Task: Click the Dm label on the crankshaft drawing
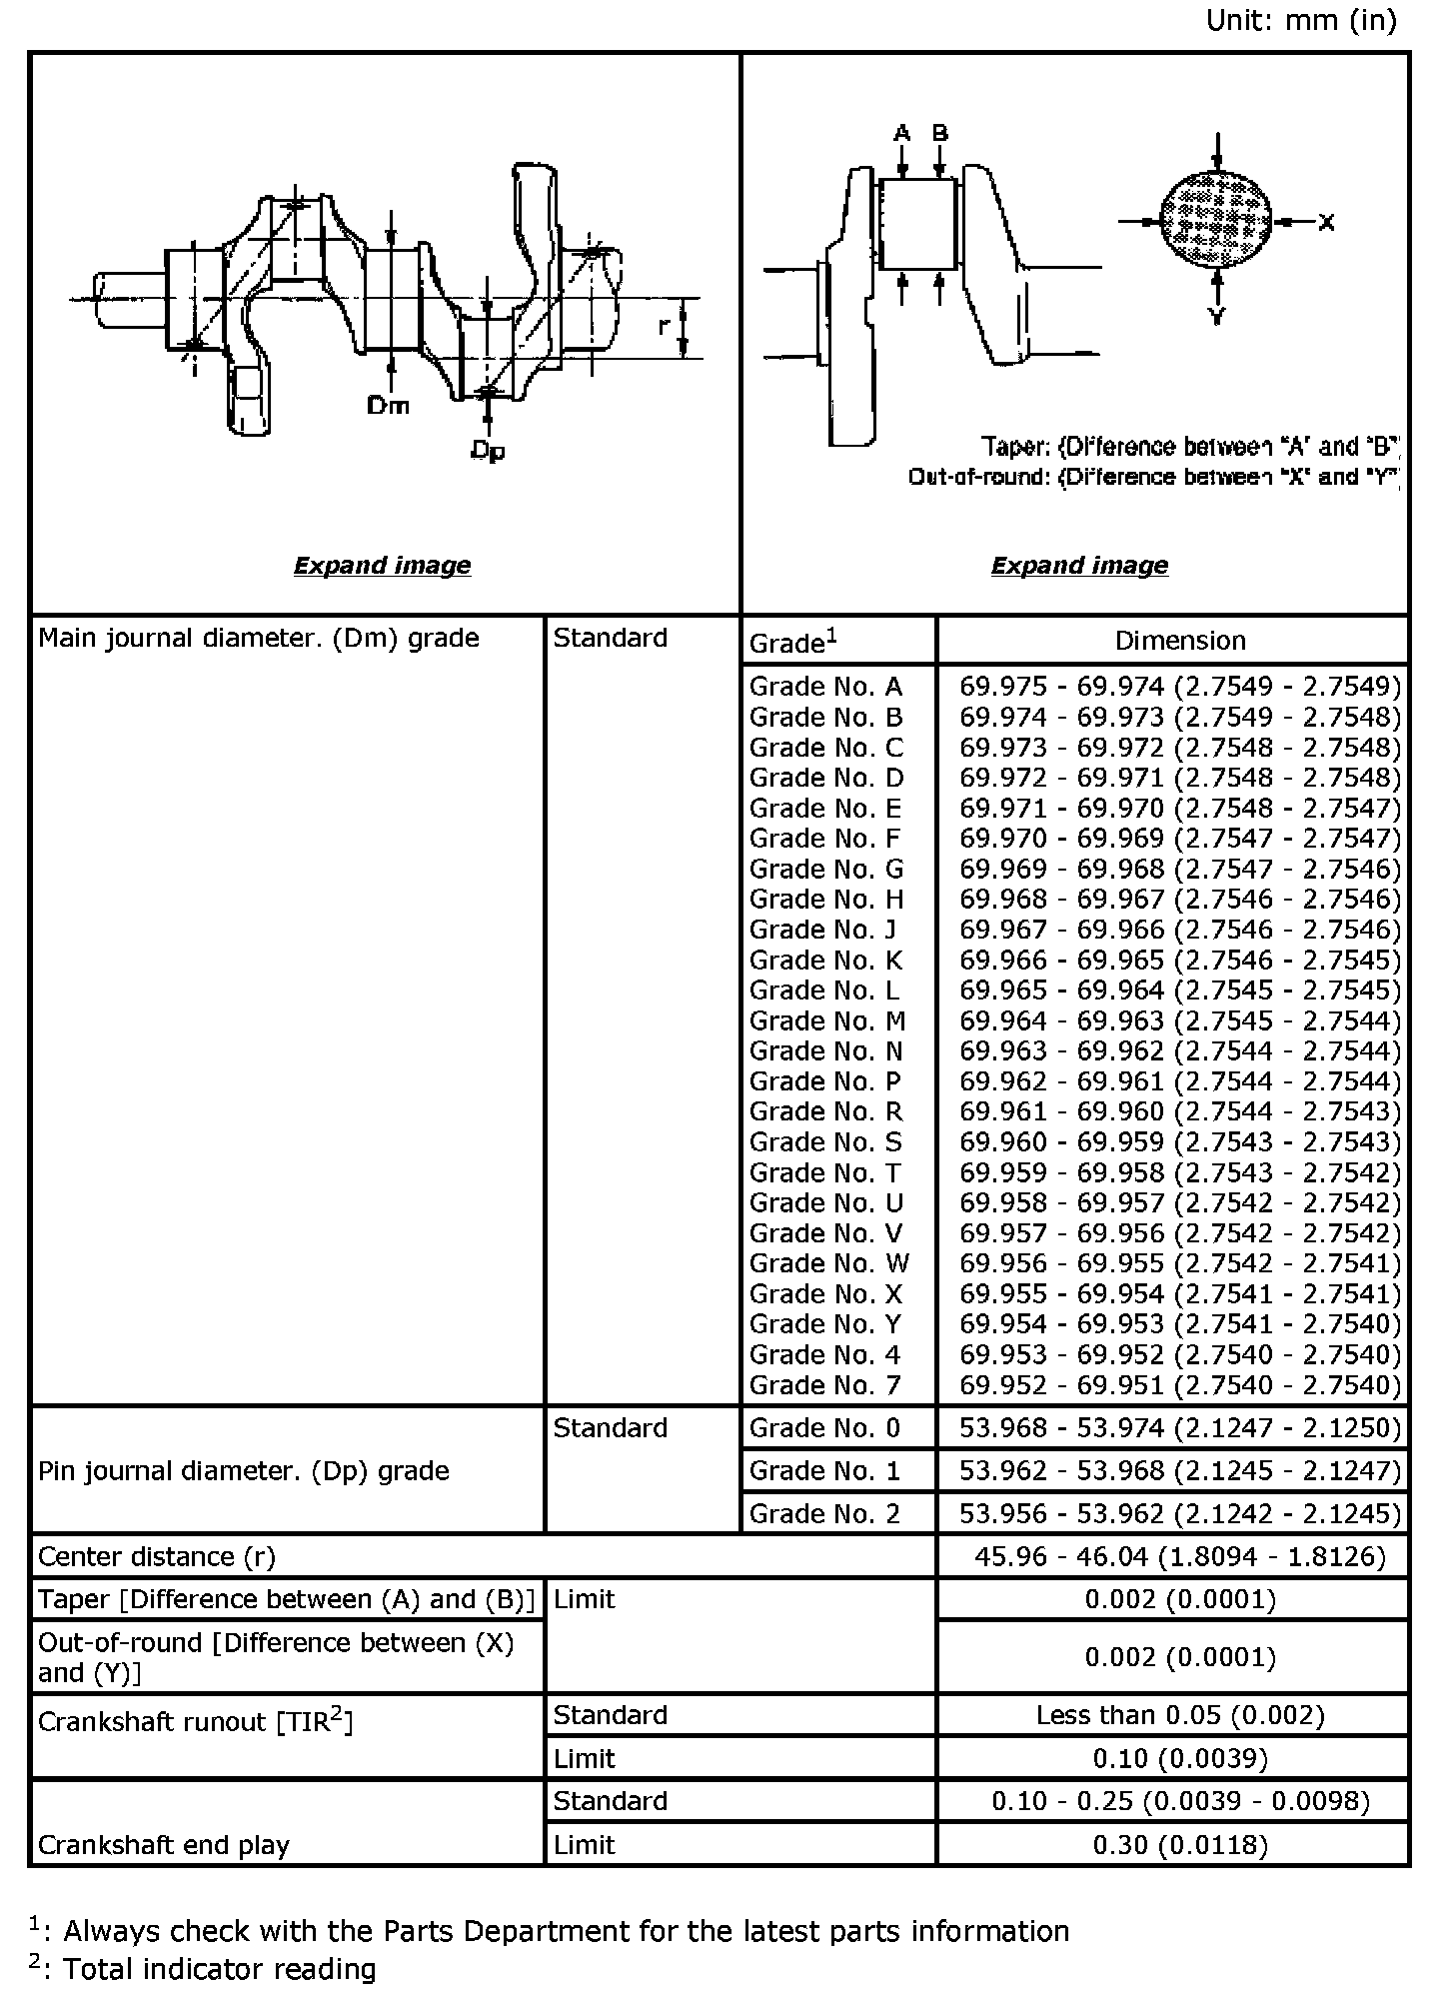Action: pyautogui.click(x=388, y=405)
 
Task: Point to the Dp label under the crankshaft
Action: pyautogui.click(x=488, y=452)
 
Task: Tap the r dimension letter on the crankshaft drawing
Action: pyautogui.click(x=665, y=325)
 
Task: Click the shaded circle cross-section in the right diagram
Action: pyautogui.click(x=1216, y=221)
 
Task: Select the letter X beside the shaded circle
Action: pyautogui.click(x=1326, y=222)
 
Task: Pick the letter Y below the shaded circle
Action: pyautogui.click(x=1217, y=317)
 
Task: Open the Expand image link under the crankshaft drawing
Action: pyautogui.click(x=382, y=566)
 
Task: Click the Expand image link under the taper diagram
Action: pyautogui.click(x=1079, y=566)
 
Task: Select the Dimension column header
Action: pyautogui.click(x=1180, y=641)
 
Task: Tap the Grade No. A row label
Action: pyautogui.click(x=825, y=687)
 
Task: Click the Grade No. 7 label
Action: pyautogui.click(x=825, y=1385)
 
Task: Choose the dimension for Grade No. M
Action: pyautogui.click(x=1180, y=1020)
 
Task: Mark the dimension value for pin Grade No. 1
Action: pyautogui.click(x=1180, y=1470)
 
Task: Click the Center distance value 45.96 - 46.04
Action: pyautogui.click(x=1180, y=1556)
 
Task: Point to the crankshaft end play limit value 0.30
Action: pyautogui.click(x=1180, y=1844)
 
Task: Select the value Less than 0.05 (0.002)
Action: pyautogui.click(x=1180, y=1715)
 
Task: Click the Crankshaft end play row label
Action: pyautogui.click(x=164, y=1845)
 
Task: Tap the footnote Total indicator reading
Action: pyautogui.click(x=219, y=1969)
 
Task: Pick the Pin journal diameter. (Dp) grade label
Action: pyautogui.click(x=244, y=1470)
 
